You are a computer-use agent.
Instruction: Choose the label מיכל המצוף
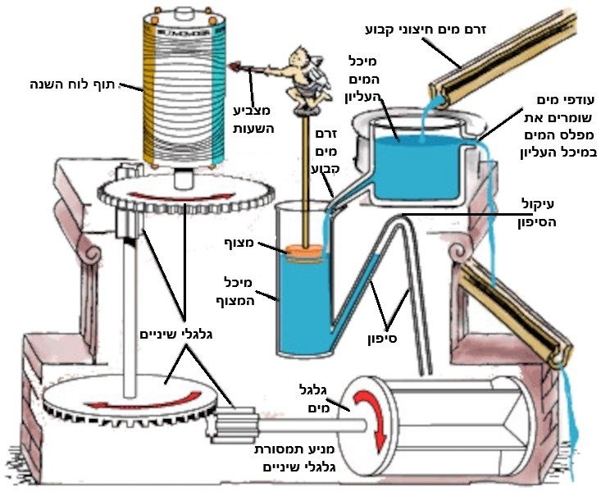pyautogui.click(x=239, y=289)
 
